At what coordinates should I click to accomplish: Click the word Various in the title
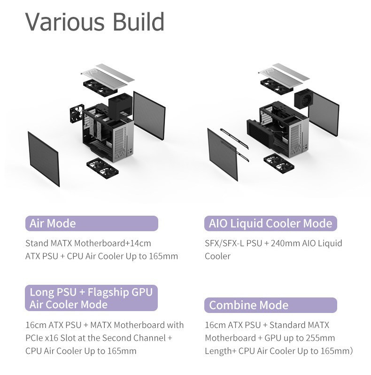(65, 22)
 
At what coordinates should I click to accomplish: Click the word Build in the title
(139, 22)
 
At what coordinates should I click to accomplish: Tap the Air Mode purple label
(92, 223)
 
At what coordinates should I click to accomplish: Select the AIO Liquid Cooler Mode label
(271, 223)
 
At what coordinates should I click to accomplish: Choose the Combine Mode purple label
(271, 305)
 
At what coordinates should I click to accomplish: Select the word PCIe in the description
(34, 338)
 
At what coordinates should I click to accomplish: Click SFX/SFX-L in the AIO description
(224, 243)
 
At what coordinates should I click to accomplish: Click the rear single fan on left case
(77, 114)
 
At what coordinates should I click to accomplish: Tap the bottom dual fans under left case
(102, 167)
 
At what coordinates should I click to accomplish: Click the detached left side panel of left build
(44, 159)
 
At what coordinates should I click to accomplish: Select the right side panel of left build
(149, 116)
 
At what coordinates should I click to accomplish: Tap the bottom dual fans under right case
(279, 164)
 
